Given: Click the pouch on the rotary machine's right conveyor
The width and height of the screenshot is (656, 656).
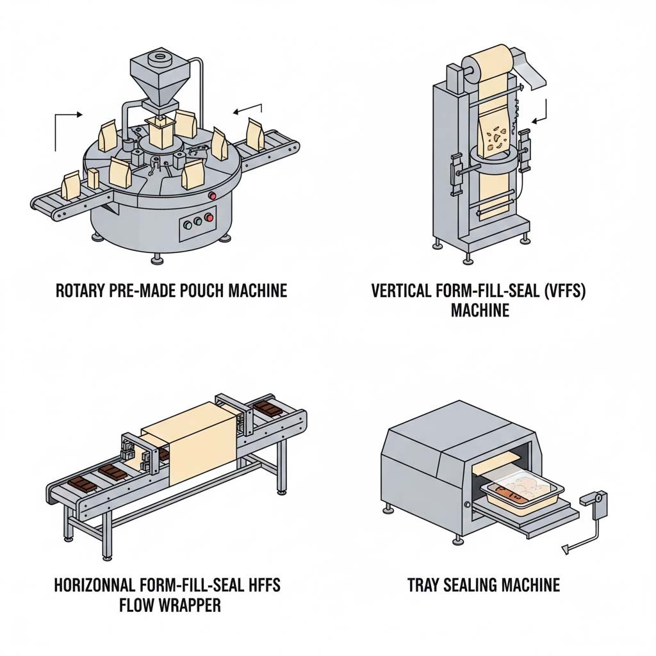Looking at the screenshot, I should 255,135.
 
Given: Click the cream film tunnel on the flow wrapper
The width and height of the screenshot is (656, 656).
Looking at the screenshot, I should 182,452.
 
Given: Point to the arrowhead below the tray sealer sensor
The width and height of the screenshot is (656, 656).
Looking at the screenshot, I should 564,548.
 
